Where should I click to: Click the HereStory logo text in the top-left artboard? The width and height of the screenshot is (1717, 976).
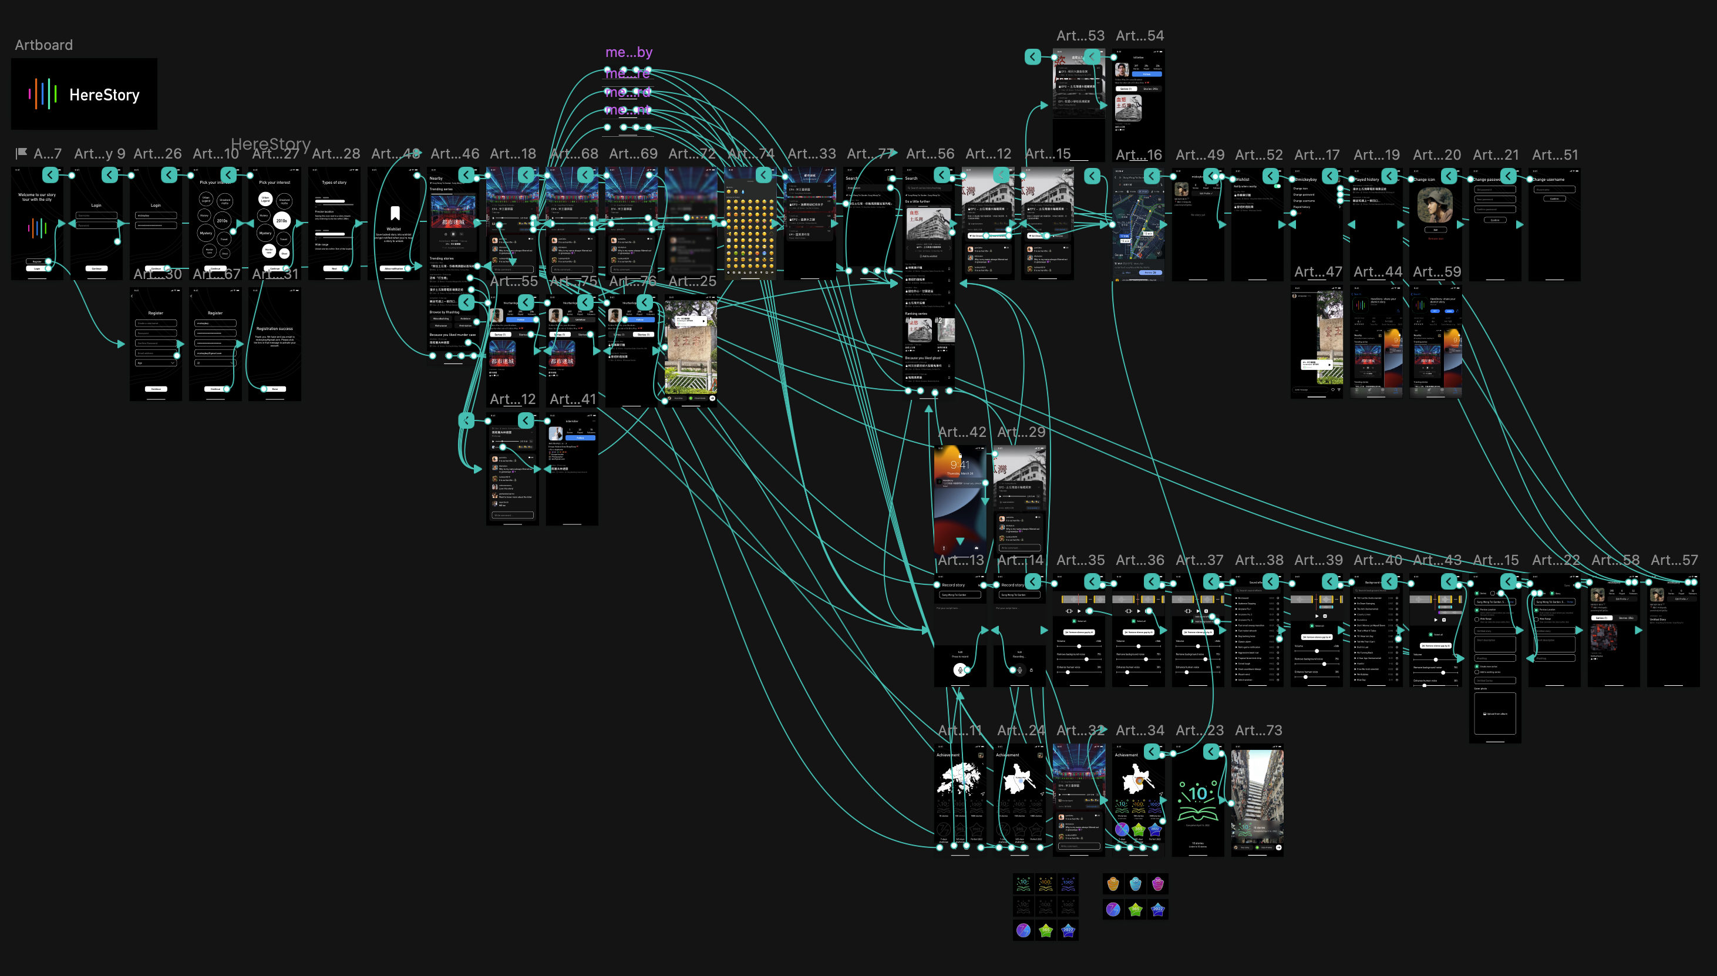104,95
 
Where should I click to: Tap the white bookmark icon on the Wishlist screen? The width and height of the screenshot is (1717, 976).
395,213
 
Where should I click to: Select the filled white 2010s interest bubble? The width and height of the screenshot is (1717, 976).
281,221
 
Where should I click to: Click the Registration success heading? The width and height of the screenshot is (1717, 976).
274,328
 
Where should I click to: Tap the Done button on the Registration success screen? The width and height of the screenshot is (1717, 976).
274,389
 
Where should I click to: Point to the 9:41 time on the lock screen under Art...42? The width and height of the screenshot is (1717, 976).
960,465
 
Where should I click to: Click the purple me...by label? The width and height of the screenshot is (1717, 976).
629,52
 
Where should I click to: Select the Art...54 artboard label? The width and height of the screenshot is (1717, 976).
1139,35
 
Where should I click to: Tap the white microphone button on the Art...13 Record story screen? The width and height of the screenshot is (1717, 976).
960,669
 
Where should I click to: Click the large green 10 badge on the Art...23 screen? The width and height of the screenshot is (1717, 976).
1197,795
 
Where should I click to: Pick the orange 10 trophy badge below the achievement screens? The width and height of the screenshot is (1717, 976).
1113,883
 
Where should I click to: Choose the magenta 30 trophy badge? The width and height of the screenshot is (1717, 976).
1157,883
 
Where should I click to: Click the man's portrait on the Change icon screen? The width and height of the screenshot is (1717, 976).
1435,204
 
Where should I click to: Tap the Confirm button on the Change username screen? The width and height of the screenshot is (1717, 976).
1554,198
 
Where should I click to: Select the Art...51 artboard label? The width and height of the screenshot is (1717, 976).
1555,155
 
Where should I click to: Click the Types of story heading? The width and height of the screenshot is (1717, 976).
334,182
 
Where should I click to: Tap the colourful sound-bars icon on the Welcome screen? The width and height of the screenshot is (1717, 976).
37,228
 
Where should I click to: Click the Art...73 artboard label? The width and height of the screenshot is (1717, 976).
1258,730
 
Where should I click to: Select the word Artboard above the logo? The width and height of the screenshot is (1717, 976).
43,45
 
